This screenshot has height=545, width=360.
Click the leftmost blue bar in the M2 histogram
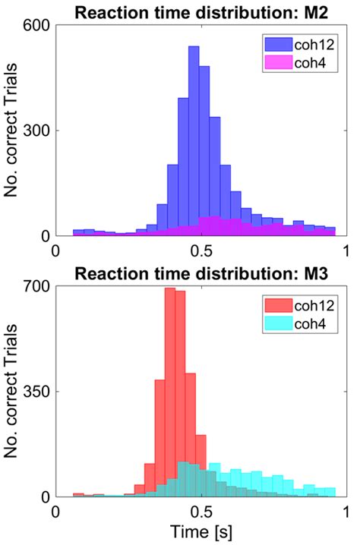78,232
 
